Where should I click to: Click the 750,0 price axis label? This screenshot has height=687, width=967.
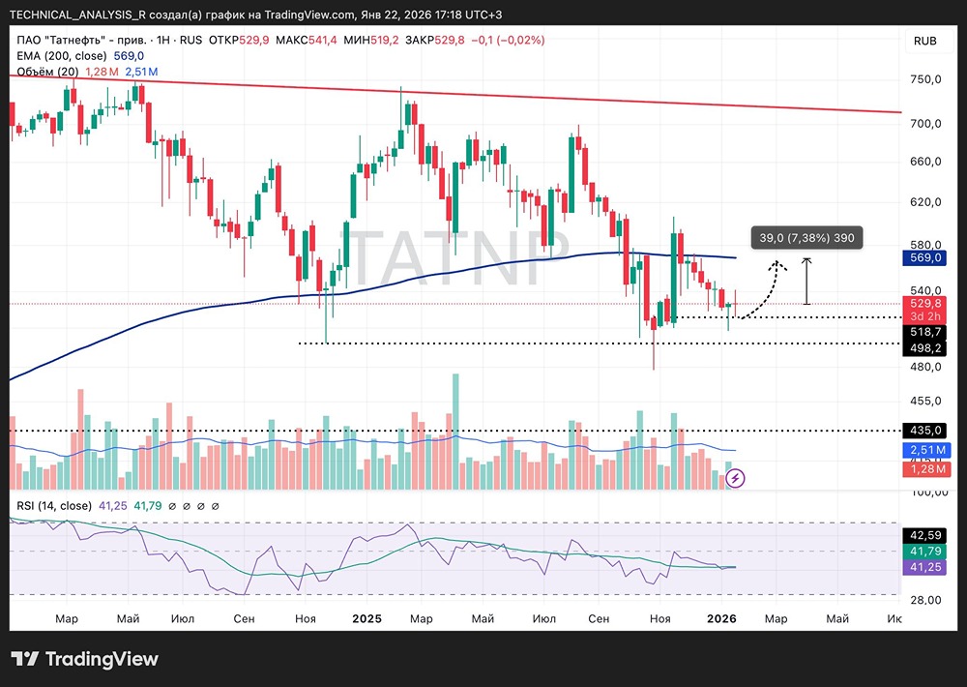[x=925, y=79]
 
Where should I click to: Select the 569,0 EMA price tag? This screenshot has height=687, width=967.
[x=925, y=258]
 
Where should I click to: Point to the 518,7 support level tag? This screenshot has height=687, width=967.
[x=925, y=331]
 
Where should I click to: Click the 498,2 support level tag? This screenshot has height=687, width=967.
[x=925, y=347]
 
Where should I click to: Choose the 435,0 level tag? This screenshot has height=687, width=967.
[x=925, y=431]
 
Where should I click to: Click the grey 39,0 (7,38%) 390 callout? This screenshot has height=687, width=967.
[x=806, y=238]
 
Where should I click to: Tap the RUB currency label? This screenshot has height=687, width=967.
[x=924, y=41]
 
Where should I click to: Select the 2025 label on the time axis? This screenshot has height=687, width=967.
[x=367, y=618]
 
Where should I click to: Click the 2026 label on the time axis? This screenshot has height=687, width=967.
[x=722, y=618]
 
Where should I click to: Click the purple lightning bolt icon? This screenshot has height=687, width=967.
[x=735, y=477]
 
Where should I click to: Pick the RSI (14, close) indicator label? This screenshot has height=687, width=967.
[x=54, y=505]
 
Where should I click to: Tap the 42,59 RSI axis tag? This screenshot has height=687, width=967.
[x=925, y=535]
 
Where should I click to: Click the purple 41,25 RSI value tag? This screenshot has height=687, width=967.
[x=925, y=568]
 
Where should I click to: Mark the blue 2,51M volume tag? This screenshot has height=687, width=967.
[x=925, y=451]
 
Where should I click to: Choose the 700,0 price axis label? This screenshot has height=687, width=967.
[x=925, y=124]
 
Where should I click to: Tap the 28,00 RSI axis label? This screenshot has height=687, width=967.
[x=925, y=600]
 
